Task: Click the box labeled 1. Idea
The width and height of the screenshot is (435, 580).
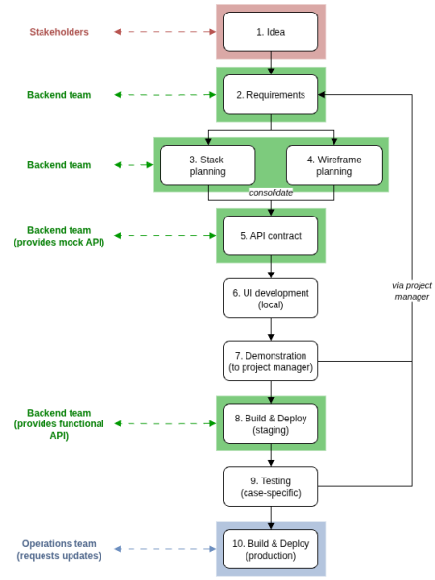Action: coord(271,31)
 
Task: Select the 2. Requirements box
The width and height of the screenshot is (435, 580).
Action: coord(271,95)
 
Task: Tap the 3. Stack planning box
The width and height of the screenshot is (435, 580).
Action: coord(208,164)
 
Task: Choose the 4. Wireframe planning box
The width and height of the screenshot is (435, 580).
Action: coord(333,164)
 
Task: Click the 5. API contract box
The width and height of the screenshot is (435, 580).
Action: coord(271,235)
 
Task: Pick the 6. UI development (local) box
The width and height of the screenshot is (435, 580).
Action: coord(271,298)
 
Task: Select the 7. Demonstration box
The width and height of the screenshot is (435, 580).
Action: coord(271,361)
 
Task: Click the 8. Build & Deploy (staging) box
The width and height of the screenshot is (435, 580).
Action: coord(271,423)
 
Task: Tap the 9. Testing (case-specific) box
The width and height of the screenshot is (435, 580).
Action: coord(271,486)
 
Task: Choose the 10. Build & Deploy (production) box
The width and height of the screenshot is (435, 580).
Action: coord(271,549)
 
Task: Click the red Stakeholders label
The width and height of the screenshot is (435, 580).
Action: coord(59,32)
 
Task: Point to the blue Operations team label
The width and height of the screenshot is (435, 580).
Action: coord(59,549)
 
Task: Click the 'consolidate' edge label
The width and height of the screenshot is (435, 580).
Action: coord(271,192)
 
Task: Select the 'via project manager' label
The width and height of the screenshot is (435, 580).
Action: coord(412,291)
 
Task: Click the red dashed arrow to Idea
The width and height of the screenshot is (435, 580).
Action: coord(164,32)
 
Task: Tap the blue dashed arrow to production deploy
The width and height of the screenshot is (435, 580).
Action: coord(164,549)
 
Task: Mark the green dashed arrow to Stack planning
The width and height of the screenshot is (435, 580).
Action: coord(134,165)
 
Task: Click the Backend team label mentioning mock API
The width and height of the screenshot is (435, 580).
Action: coord(59,236)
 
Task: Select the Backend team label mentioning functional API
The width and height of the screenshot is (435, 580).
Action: coord(59,423)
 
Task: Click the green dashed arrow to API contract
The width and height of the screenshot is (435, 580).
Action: coord(164,236)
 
